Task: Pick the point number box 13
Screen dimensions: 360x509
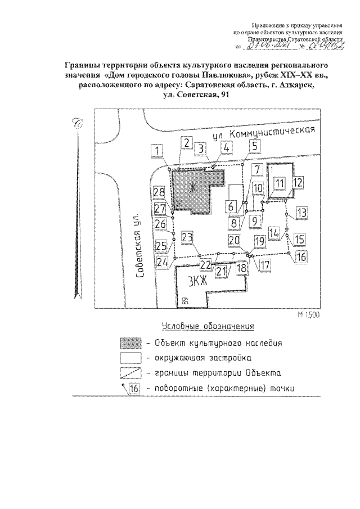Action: pyautogui.click(x=302, y=213)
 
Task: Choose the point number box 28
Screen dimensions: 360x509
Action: pyautogui.click(x=159, y=193)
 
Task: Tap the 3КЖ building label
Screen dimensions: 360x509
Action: pyautogui.click(x=197, y=281)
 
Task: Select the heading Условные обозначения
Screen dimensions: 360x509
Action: pyautogui.click(x=208, y=326)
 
